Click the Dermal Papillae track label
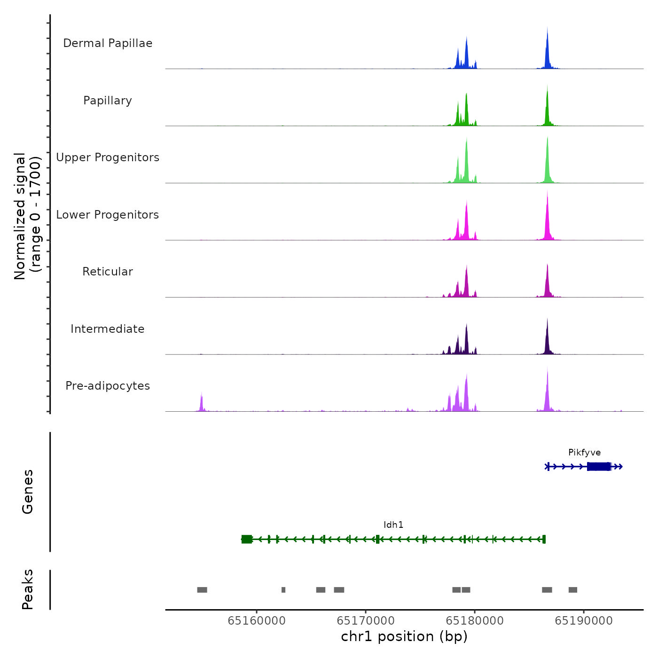click(108, 43)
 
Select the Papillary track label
click(108, 101)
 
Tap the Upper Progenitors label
click(108, 157)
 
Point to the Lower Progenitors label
click(108, 215)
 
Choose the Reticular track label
click(108, 272)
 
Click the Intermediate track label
click(108, 329)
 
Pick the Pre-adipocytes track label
click(108, 386)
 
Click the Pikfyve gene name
click(584, 453)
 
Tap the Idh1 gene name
click(393, 525)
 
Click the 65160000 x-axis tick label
click(257, 621)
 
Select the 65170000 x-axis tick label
click(366, 621)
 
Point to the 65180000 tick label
click(475, 621)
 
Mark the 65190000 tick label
click(584, 621)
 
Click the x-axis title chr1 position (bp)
click(404, 637)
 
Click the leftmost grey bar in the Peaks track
click(202, 590)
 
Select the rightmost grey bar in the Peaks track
click(572, 590)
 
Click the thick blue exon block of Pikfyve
click(599, 466)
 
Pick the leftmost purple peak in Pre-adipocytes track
click(201, 403)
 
